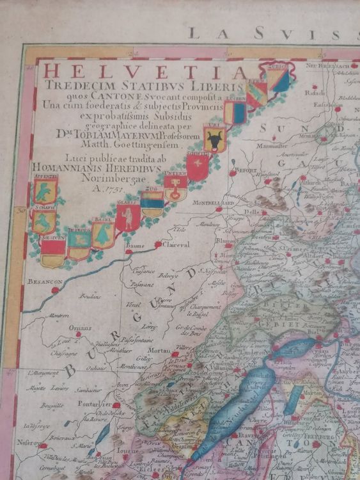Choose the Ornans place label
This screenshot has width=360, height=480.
tap(80, 326)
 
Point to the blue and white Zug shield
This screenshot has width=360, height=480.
tap(152, 205)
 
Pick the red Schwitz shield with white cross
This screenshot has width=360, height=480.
tap(197, 168)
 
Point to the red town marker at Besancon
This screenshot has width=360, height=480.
tap(55, 289)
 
